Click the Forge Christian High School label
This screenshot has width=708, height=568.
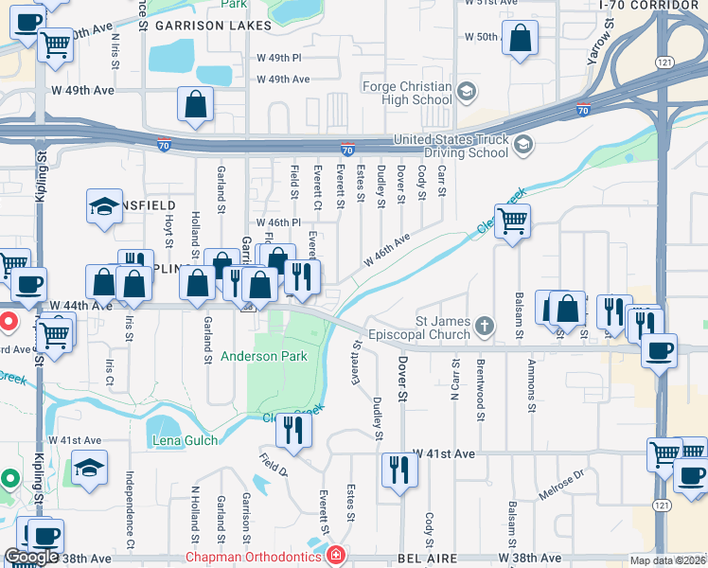(x=407, y=93)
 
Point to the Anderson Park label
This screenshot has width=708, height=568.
(x=264, y=357)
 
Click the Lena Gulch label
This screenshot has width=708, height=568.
(x=184, y=440)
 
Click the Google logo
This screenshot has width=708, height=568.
(x=31, y=557)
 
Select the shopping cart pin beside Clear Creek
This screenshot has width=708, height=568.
(x=512, y=222)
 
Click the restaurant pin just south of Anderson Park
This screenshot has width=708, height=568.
(x=293, y=431)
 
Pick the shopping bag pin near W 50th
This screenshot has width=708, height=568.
(x=520, y=39)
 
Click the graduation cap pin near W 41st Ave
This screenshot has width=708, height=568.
(x=89, y=468)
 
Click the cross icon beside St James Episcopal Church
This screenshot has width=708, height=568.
(x=485, y=328)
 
